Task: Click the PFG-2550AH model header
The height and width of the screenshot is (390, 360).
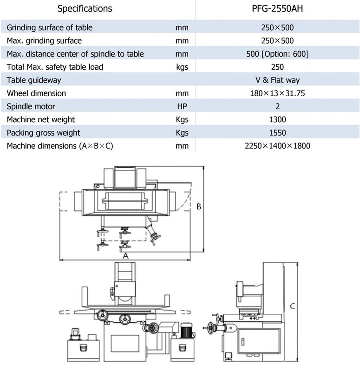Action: click(277, 9)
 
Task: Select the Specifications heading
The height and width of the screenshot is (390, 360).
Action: click(85, 9)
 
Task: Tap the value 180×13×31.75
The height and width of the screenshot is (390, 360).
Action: click(277, 93)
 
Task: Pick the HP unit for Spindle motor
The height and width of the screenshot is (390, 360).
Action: click(182, 106)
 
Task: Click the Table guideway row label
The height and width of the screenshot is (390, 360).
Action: click(34, 80)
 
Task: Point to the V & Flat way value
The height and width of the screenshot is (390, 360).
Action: click(277, 80)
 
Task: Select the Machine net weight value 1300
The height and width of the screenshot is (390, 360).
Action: click(277, 120)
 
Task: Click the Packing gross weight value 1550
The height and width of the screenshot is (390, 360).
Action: click(277, 133)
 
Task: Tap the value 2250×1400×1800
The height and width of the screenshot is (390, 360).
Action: click(277, 146)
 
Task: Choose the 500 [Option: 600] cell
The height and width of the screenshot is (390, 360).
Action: click(277, 54)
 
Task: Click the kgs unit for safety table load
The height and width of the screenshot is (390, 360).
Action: click(182, 67)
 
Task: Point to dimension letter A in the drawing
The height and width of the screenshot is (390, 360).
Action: click(125, 256)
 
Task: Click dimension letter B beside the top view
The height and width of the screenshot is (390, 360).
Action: click(199, 207)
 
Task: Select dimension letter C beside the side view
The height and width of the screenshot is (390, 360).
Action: click(293, 306)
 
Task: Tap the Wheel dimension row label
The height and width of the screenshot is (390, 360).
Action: click(36, 93)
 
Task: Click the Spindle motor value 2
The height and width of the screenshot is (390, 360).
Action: click(278, 106)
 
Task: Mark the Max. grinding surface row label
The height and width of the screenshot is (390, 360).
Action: click(44, 41)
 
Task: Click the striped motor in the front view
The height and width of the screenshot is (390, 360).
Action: click(186, 331)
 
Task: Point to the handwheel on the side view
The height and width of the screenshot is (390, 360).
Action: click(211, 328)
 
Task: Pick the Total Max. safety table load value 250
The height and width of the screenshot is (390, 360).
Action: click(277, 67)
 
